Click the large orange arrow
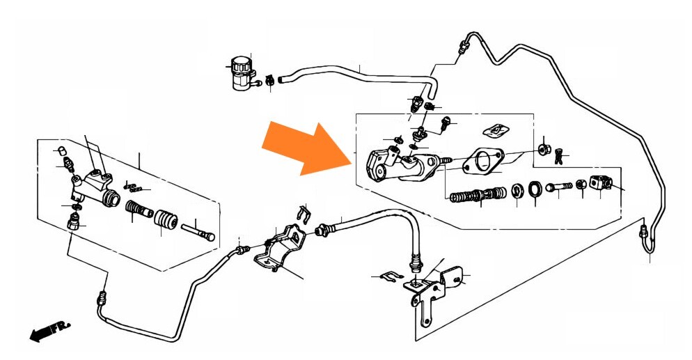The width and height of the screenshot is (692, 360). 308,148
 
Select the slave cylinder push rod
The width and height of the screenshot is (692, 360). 198,231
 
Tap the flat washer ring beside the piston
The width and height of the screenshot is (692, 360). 535,189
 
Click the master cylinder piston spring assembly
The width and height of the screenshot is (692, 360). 478,194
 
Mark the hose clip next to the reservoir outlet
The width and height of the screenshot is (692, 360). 269,81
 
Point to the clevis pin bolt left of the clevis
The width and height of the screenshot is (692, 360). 559,187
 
